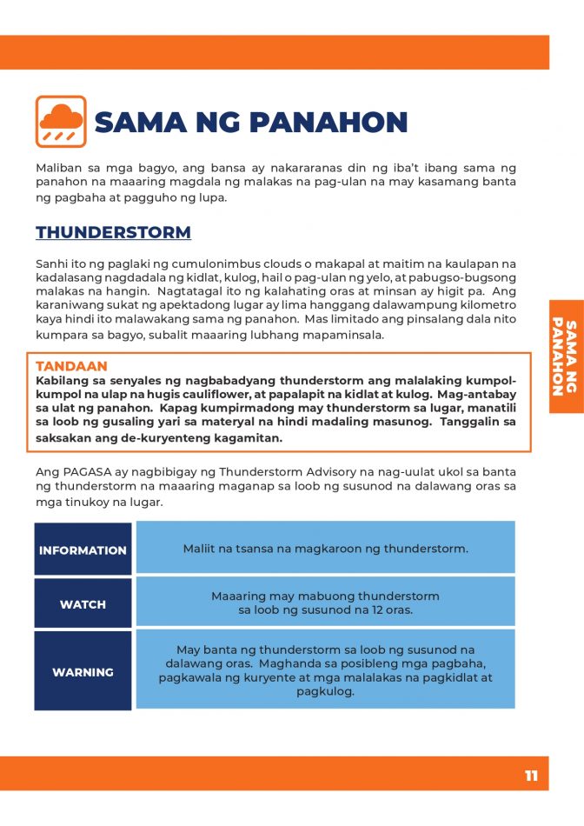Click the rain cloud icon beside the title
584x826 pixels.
(61, 121)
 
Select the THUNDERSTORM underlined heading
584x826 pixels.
(113, 233)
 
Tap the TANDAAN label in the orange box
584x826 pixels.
(71, 367)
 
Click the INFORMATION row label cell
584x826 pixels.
(83, 550)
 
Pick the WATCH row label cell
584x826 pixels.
(83, 603)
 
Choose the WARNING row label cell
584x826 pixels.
(83, 671)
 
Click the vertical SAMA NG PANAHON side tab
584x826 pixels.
(565, 356)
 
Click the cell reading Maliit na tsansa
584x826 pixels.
(325, 549)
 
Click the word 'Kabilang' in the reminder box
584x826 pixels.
(63, 381)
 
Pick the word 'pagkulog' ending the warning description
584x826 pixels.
(325, 692)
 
